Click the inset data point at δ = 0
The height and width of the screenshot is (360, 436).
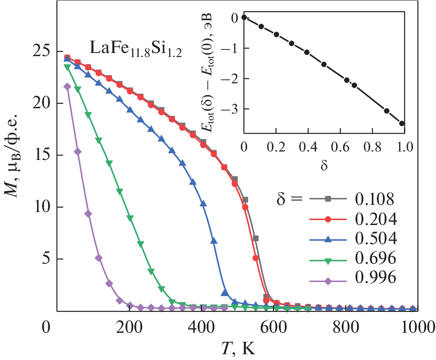pos(244,17)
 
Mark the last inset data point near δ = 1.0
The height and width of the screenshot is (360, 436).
pos(402,123)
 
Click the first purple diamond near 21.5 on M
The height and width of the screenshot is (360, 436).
pos(67,86)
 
